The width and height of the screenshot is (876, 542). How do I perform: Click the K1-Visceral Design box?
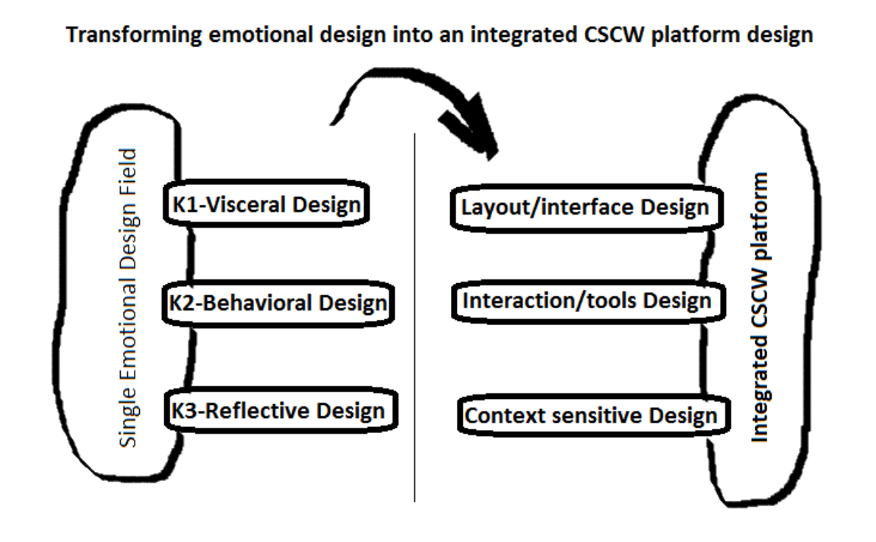266,203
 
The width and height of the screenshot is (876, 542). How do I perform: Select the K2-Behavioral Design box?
278,303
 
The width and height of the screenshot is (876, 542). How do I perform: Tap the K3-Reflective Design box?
281,410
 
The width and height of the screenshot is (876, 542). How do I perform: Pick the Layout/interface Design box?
586,208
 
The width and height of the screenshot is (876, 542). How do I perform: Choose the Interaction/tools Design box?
589,301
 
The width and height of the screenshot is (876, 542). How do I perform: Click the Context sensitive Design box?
594,416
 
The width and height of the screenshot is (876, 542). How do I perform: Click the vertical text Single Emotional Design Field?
128,298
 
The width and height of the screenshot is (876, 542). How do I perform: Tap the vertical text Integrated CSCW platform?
760,308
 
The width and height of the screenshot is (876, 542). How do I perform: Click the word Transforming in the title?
134,35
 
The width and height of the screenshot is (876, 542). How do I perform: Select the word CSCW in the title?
614,34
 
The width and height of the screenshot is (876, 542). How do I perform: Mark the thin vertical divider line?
414,317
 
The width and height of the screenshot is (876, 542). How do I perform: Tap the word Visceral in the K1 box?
246,204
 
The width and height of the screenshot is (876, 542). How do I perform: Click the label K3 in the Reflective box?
183,410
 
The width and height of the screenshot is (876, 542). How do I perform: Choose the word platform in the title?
696,35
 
